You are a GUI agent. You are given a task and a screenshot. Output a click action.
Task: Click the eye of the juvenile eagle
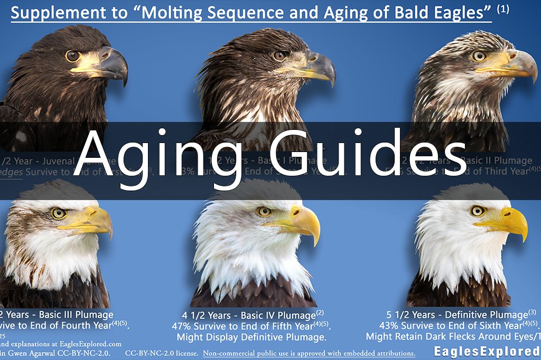(73, 55)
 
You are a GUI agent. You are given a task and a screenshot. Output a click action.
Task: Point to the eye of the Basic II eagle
(479, 56)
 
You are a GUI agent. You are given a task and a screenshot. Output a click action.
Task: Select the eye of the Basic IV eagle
(264, 211)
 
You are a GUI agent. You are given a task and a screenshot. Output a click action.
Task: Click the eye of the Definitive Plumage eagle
(478, 211)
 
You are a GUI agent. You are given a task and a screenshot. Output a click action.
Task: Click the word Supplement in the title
(51, 13)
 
